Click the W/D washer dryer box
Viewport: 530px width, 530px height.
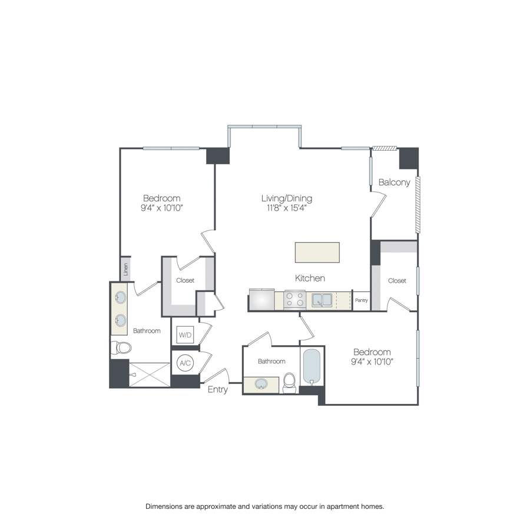point(185,335)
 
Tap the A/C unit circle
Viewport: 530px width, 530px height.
point(185,363)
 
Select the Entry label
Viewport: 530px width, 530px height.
point(217,389)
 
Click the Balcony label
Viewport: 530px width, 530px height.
point(394,183)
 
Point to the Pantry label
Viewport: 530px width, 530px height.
point(362,300)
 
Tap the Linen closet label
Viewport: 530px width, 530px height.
point(125,269)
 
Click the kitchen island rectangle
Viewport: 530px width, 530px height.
point(317,252)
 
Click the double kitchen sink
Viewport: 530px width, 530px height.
point(322,300)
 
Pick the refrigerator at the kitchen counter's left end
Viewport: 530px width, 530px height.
point(261,299)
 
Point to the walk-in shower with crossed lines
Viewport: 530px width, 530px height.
point(149,375)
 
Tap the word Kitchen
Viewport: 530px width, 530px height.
point(310,278)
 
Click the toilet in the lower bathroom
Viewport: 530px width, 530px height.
point(289,383)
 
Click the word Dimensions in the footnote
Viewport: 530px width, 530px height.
point(167,506)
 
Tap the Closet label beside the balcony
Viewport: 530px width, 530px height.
point(397,281)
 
